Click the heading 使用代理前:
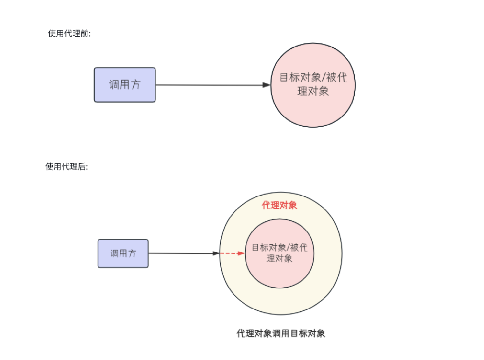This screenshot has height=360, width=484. coord(69,33)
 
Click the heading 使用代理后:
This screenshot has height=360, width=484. coord(67,166)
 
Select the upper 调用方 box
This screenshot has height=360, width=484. coord(124,85)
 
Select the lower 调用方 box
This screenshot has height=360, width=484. coord(123,253)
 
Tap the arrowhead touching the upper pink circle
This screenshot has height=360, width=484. coord(266,85)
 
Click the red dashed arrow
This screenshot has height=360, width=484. coord(231,253)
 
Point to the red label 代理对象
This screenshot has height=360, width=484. coord(279,205)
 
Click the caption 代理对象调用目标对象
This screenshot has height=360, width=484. coord(281,333)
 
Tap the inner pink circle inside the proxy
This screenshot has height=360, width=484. coord(280,275)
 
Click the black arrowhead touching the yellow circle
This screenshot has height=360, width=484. coord(216,253)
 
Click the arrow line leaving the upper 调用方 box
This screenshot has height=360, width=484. coord(209,85)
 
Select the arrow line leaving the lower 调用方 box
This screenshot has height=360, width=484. coord(181,253)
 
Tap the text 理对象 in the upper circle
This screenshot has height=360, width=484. coord(313,91)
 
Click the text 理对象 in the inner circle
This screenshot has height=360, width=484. coord(279,258)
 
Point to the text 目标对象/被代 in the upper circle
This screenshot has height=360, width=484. coord(313,77)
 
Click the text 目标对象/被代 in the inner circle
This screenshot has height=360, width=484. coord(280,247)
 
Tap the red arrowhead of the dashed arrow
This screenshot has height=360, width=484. coord(241,253)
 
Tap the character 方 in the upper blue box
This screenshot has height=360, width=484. coord(136,84)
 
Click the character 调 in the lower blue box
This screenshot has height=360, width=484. coord(114,253)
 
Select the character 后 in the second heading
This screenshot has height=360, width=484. coord(82,166)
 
